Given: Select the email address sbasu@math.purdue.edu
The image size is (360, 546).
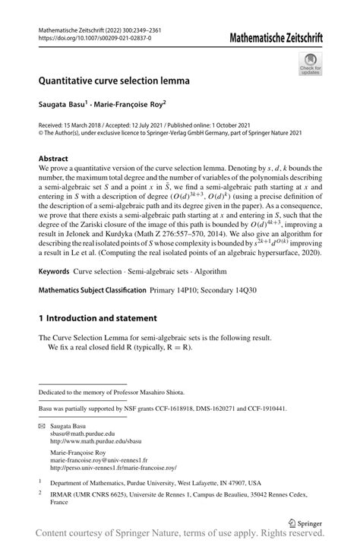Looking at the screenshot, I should [84, 436].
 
